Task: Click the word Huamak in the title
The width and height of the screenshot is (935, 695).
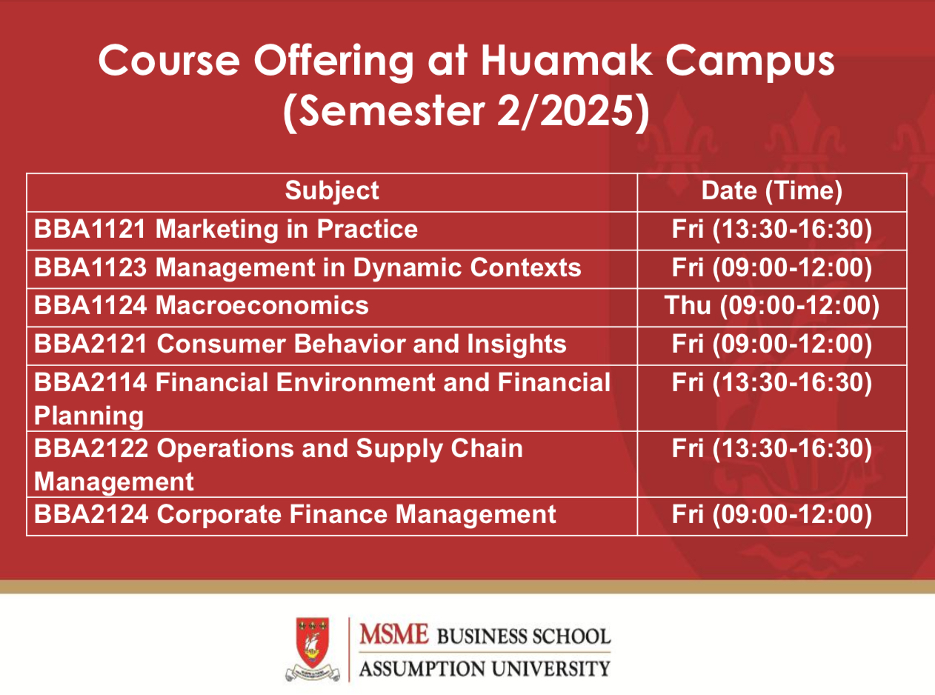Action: (566, 60)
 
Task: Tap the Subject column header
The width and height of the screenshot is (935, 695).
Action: (332, 191)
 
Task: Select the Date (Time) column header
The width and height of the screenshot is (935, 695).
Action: (772, 191)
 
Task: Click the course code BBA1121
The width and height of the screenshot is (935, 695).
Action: (90, 229)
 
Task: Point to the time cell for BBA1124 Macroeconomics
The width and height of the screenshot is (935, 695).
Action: (772, 305)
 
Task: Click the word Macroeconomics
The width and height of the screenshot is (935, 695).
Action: (262, 305)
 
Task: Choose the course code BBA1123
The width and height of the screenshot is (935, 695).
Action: (90, 267)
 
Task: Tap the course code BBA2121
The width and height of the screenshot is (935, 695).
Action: (90, 344)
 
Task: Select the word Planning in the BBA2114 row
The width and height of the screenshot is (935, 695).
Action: (89, 416)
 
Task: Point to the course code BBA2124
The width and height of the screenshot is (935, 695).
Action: (90, 514)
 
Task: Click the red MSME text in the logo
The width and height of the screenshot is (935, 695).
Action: (393, 634)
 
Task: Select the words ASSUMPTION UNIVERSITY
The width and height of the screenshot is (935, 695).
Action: (485, 669)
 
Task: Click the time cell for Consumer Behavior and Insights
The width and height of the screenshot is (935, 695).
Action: (772, 344)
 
